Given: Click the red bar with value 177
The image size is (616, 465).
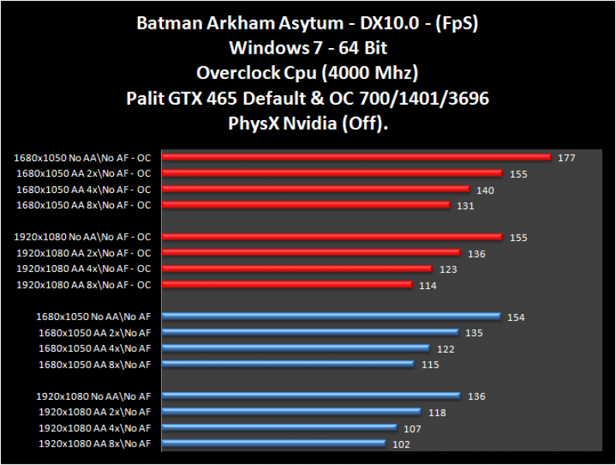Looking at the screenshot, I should point(356,157).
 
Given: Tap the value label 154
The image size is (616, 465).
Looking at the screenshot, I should point(516,317).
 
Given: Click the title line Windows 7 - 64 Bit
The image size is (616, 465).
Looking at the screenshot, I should point(308,48).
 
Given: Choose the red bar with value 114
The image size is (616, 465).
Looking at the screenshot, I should point(287,284).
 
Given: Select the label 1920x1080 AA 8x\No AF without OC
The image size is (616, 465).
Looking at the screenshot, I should point(95,443).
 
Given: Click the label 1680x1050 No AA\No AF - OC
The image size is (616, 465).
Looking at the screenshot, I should point(82,157).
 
